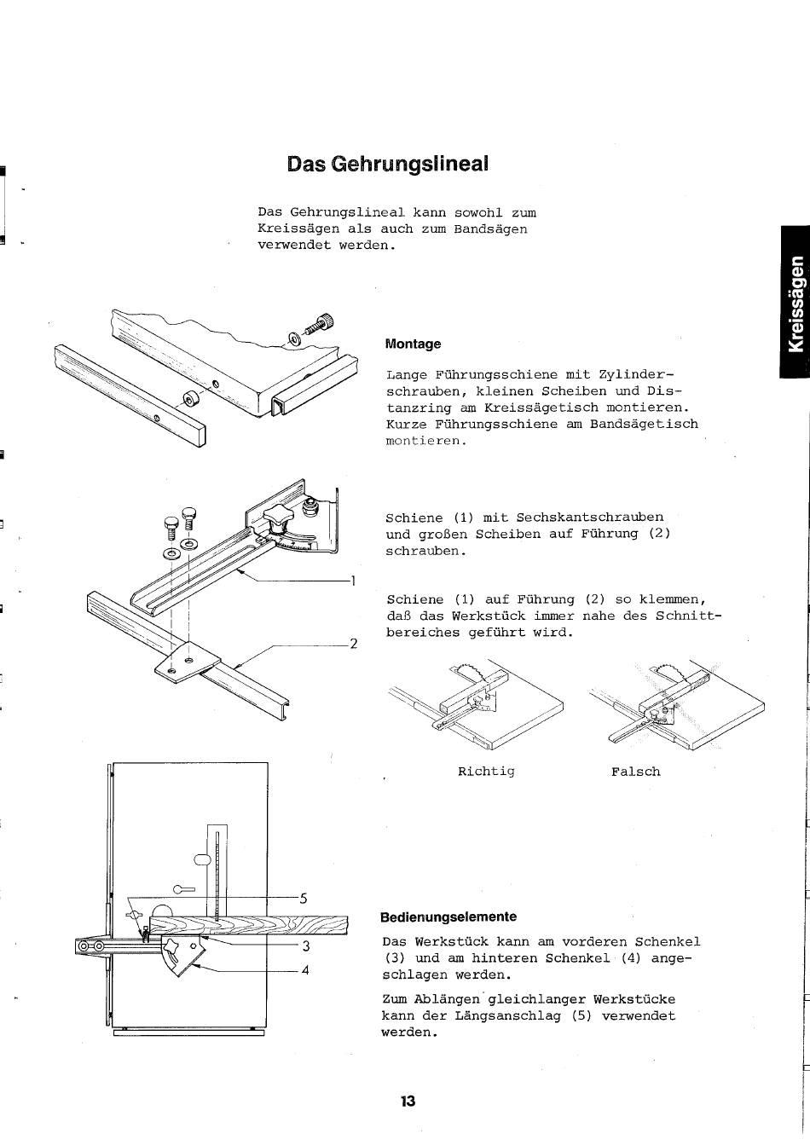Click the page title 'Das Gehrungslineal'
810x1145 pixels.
387,164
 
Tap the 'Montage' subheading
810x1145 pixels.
413,344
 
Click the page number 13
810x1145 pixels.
408,1101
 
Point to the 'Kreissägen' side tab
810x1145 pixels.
796,304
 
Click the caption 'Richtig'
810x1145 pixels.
486,772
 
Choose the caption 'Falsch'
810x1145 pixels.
636,772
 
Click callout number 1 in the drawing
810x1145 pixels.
352,580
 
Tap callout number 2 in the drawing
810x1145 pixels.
353,644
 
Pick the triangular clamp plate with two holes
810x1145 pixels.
188,662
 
